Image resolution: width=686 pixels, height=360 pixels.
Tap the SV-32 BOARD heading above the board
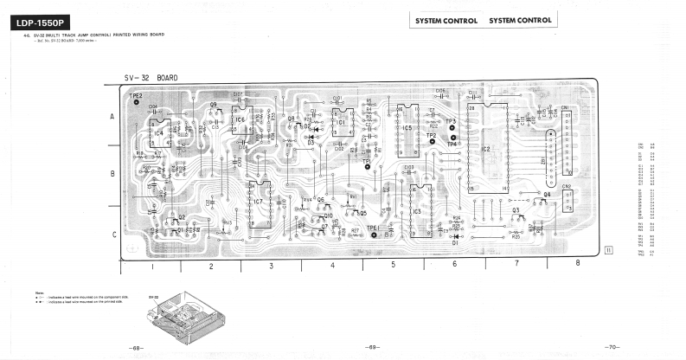[151, 77]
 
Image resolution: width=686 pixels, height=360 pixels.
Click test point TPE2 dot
[136, 102]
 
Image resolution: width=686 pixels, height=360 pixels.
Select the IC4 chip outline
[158, 133]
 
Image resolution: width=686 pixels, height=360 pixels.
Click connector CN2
[567, 200]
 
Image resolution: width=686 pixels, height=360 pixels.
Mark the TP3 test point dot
[452, 127]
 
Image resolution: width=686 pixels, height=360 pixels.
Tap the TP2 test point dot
[432, 142]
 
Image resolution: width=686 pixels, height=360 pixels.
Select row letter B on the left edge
[112, 174]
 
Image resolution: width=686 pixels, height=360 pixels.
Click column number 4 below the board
[332, 266]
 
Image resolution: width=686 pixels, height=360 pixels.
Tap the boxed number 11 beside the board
[609, 250]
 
